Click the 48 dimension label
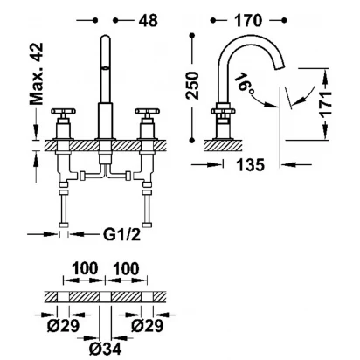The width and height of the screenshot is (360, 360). pyautogui.click(x=148, y=20)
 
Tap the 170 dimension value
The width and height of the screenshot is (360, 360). pyautogui.click(x=248, y=20)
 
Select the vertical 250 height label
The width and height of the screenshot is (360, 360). pyautogui.click(x=192, y=86)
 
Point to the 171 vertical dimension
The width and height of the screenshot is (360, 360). pyautogui.click(x=326, y=104)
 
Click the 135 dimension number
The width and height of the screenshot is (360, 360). pyautogui.click(x=250, y=165)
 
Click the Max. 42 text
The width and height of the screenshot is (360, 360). pyautogui.click(x=37, y=73)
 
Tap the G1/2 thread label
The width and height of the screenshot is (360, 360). pyautogui.click(x=122, y=234)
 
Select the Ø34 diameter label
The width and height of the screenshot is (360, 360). pyautogui.click(x=105, y=348)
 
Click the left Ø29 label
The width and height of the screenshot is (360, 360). pyautogui.click(x=63, y=325)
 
